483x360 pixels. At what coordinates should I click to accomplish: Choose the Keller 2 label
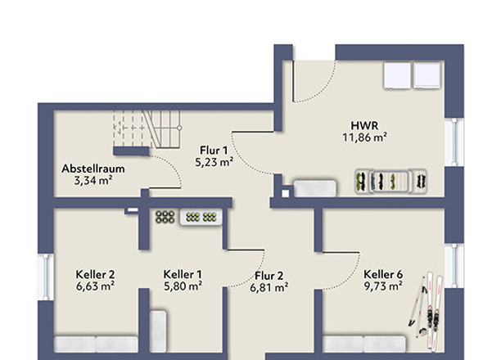pos(93,273)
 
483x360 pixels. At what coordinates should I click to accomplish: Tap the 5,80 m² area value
pos(183,286)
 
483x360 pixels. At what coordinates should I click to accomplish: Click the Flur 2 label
pos(269,275)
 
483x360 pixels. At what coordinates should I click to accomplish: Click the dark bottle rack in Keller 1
pos(165,217)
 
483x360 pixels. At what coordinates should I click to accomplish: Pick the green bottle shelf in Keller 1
pos(201,217)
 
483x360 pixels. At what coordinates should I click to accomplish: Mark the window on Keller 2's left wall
pos(45,275)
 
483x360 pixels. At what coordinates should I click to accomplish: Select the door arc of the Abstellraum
pos(168,172)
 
